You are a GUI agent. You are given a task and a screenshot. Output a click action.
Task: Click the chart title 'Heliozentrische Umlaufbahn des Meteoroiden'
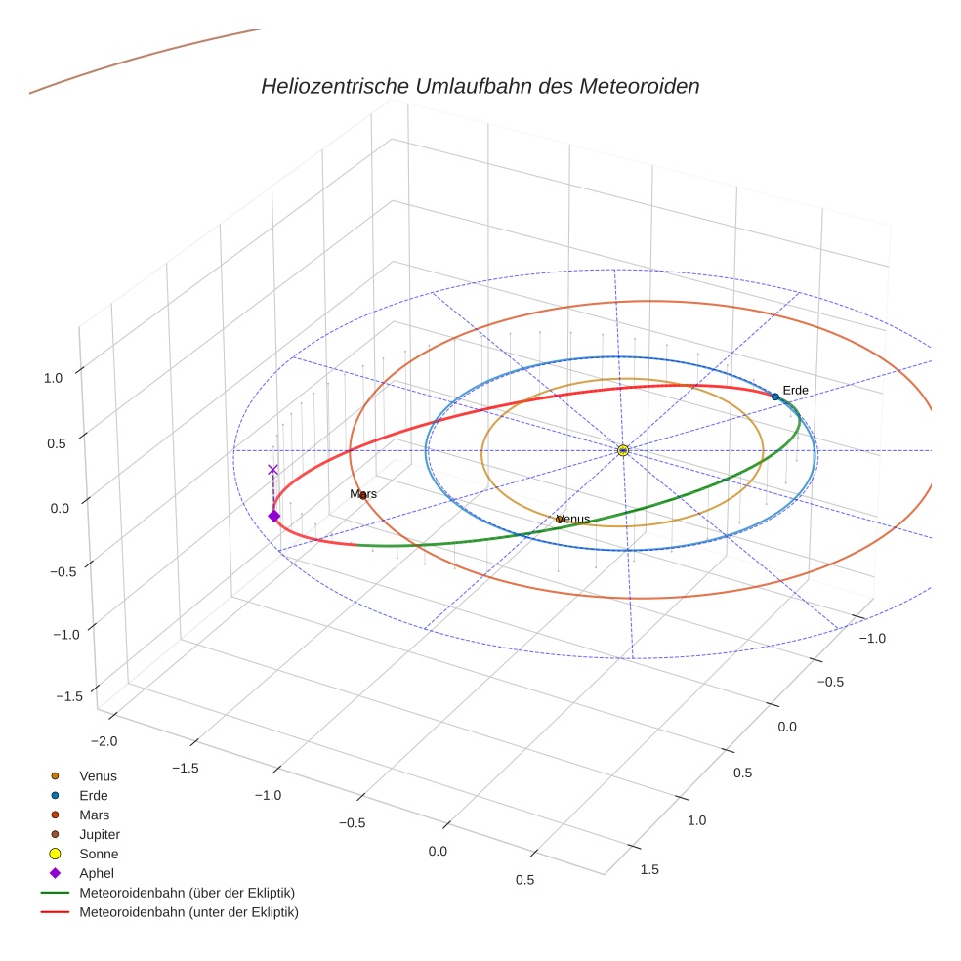[480, 86]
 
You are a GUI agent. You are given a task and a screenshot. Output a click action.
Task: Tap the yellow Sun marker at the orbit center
[623, 450]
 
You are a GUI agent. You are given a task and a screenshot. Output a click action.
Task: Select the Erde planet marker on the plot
[775, 397]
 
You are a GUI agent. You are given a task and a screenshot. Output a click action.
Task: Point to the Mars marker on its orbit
[363, 495]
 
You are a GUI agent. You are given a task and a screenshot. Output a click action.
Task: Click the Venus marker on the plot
[560, 520]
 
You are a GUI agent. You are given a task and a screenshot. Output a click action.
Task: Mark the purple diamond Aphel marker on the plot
[273, 516]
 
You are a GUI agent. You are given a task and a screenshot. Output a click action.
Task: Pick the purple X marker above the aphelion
[272, 470]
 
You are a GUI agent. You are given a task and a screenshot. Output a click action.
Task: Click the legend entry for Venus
[98, 776]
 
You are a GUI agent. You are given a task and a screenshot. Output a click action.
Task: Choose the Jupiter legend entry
[100, 835]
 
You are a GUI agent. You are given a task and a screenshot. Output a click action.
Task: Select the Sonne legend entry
[99, 855]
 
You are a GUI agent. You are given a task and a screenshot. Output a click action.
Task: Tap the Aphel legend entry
[97, 874]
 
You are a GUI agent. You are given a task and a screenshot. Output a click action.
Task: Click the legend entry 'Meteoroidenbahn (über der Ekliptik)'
[187, 894]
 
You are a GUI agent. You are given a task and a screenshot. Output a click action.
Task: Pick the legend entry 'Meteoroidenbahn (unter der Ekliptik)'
[188, 913]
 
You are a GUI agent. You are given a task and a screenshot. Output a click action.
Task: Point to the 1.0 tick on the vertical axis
[55, 377]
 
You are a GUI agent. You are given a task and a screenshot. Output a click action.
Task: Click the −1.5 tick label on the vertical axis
[69, 696]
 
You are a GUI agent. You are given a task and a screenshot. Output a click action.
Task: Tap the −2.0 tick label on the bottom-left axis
[104, 743]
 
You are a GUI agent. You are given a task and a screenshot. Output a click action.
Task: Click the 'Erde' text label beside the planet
[795, 391]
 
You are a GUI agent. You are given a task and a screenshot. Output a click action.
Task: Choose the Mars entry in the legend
[94, 815]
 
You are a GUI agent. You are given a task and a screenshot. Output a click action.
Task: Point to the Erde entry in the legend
[94, 796]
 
